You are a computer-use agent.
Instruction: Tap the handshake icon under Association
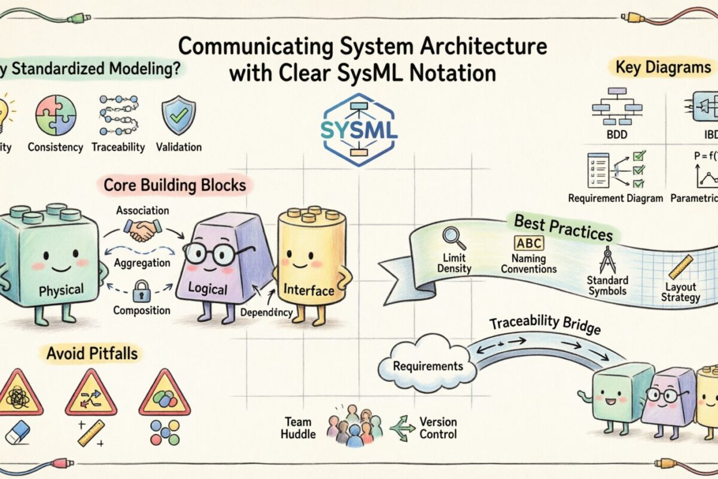click(x=141, y=229)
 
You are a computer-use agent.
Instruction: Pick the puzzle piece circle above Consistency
click(x=56, y=115)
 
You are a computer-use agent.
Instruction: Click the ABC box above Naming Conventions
click(x=530, y=244)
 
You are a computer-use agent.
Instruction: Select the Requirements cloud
click(x=428, y=366)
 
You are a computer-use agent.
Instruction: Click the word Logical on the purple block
click(x=208, y=289)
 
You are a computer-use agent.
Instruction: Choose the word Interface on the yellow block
click(x=308, y=291)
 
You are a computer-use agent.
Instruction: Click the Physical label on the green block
click(x=61, y=291)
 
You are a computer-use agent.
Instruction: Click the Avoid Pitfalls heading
click(x=92, y=354)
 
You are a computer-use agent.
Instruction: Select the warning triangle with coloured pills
click(x=164, y=396)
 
